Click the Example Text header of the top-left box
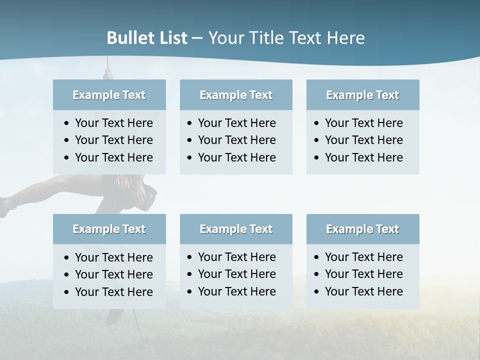pyautogui.click(x=109, y=95)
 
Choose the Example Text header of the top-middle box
pyautogui.click(x=236, y=95)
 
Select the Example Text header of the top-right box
pyautogui.click(x=362, y=95)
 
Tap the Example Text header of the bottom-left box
pyautogui.click(x=109, y=229)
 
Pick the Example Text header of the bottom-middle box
pyautogui.click(x=236, y=229)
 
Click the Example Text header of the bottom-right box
pyautogui.click(x=362, y=229)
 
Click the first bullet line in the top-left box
pyautogui.click(x=113, y=123)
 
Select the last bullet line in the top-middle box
pyautogui.click(x=236, y=157)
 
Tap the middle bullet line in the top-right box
pyautogui.click(x=363, y=140)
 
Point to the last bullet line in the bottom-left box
pyautogui.click(x=113, y=292)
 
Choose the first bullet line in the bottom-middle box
pyautogui.click(x=236, y=257)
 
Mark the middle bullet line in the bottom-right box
pyautogui.click(x=363, y=274)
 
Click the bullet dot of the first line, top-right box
pyautogui.click(x=316, y=123)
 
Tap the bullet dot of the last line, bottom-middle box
pyautogui.click(x=189, y=292)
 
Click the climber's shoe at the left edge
pyautogui.click(x=4, y=207)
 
